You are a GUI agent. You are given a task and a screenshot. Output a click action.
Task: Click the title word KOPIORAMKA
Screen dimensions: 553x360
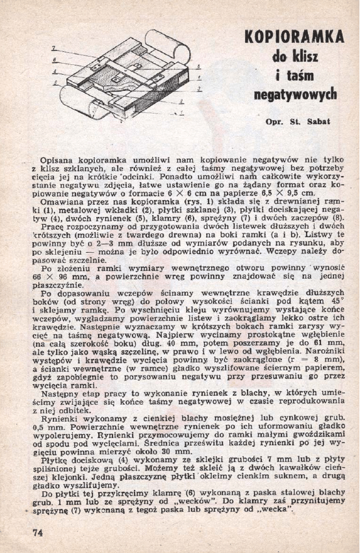pos(294,38)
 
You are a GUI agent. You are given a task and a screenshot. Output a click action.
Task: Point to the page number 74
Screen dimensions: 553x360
pos(38,532)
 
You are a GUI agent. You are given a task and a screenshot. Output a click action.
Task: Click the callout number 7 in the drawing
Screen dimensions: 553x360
pos(53,47)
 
